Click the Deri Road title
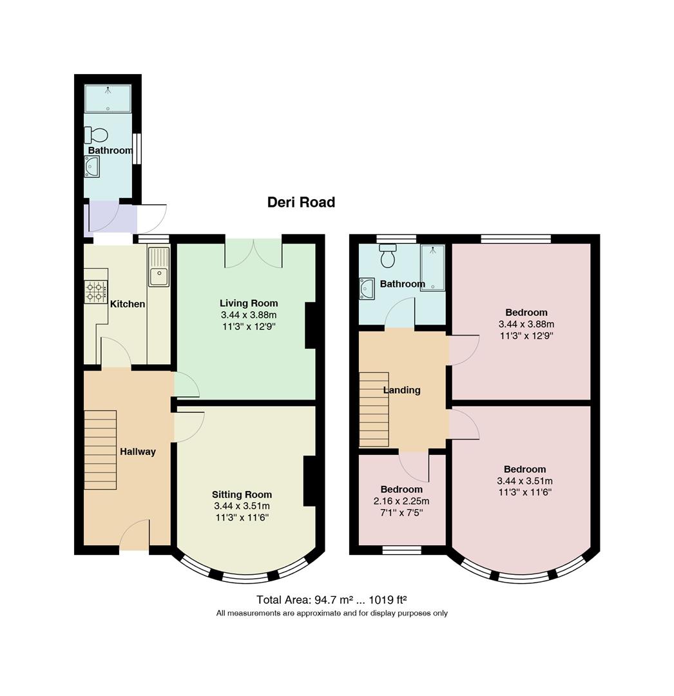pos(301,202)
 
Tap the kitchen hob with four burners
pos(96,292)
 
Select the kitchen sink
pos(159,267)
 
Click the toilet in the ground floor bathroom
pos(96,135)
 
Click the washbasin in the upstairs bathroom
pos(367,288)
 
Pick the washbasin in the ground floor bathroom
pos(92,166)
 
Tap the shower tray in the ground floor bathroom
pos(108,99)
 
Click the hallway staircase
pos(101,450)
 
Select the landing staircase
pos(374,409)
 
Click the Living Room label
pos(249,303)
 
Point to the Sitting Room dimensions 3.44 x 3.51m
pos(242,506)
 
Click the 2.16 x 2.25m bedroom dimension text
pos(401,501)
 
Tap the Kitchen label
pos(128,304)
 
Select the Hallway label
pos(137,452)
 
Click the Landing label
pos(401,390)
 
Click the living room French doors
pos(253,253)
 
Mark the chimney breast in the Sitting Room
pos(310,481)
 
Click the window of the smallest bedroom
pos(401,550)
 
